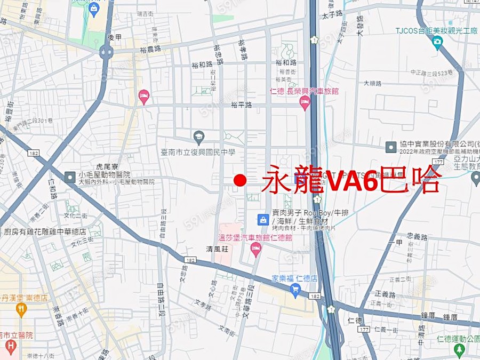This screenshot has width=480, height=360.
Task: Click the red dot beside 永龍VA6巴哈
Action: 240,181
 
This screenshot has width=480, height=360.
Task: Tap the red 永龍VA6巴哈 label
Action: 352,180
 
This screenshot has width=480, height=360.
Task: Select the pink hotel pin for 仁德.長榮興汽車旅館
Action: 305,103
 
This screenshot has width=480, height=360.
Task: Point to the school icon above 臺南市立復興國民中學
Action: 199,138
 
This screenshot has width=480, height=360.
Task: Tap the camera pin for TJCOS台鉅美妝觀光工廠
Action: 437,42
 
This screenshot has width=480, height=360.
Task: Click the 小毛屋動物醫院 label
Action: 104,174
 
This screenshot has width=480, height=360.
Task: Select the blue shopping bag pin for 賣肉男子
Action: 263,219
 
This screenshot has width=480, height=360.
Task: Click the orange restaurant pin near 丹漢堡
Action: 21,309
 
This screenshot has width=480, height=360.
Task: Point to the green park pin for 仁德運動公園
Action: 459,350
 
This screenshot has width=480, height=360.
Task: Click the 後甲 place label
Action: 115,37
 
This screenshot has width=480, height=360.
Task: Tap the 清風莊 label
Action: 217,249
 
